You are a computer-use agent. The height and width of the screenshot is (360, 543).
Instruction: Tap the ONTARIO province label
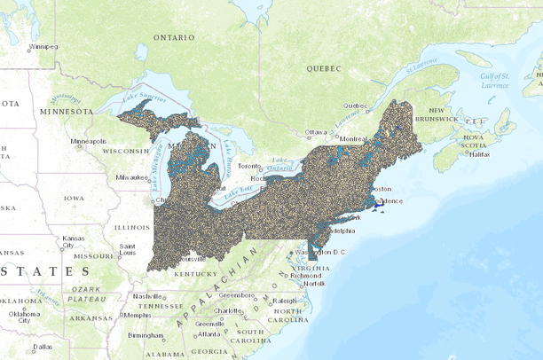(173, 38)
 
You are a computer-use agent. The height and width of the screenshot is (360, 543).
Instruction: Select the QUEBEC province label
(324, 67)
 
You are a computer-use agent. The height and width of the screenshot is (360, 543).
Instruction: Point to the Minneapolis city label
(89, 142)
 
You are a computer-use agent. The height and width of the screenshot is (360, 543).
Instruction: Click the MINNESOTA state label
(66, 113)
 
